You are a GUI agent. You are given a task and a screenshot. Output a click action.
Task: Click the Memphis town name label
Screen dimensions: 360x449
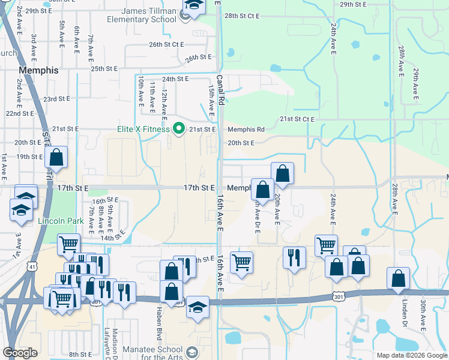38,70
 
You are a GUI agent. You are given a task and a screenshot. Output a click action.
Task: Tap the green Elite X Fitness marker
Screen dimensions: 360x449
178,128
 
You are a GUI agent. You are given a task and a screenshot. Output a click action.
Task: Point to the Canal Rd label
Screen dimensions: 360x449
220,91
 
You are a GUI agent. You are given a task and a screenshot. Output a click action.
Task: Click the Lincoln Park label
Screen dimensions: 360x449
61,221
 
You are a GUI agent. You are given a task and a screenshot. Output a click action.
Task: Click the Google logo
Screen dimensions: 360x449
20,353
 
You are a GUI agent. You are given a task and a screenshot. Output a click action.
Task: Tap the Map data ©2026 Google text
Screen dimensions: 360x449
411,355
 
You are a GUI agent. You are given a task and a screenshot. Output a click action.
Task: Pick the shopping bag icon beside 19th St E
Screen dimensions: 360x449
56,158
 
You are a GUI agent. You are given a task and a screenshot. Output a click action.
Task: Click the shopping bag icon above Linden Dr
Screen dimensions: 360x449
398,278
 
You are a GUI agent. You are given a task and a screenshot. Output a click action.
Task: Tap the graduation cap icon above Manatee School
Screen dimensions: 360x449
197,307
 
